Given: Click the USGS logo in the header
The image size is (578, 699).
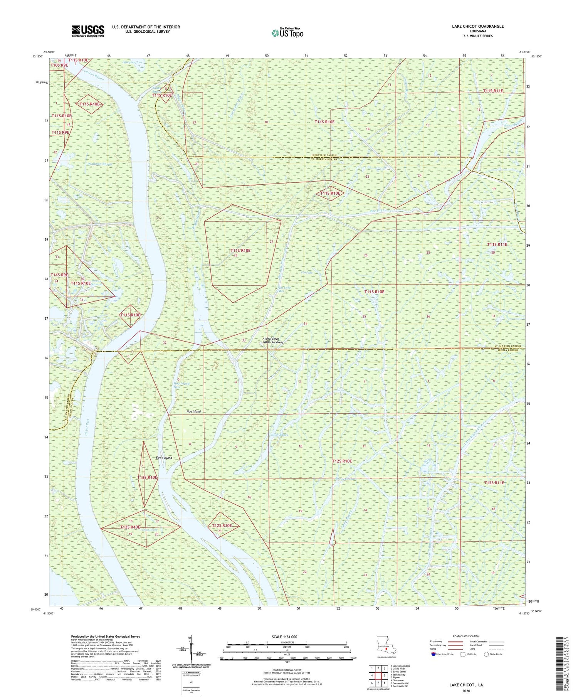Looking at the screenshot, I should pyautogui.click(x=88, y=31).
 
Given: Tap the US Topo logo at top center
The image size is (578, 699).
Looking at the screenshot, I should pyautogui.click(x=287, y=33).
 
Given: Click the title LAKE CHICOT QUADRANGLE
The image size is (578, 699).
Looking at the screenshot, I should pyautogui.click(x=478, y=26).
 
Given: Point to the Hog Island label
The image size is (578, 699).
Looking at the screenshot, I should pyautogui.click(x=194, y=411).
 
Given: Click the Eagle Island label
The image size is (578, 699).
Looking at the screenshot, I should pyautogui.click(x=164, y=458).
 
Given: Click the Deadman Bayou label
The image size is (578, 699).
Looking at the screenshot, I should pyautogui.click(x=99, y=164).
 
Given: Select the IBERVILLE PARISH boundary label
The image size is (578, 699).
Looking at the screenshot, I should pyautogui.click(x=324, y=155).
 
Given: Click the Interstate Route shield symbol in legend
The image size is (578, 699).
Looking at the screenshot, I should pyautogui.click(x=434, y=654).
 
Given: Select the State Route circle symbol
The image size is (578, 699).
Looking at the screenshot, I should pyautogui.click(x=487, y=654).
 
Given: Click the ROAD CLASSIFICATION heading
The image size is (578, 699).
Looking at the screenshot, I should pyautogui.click(x=466, y=636).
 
